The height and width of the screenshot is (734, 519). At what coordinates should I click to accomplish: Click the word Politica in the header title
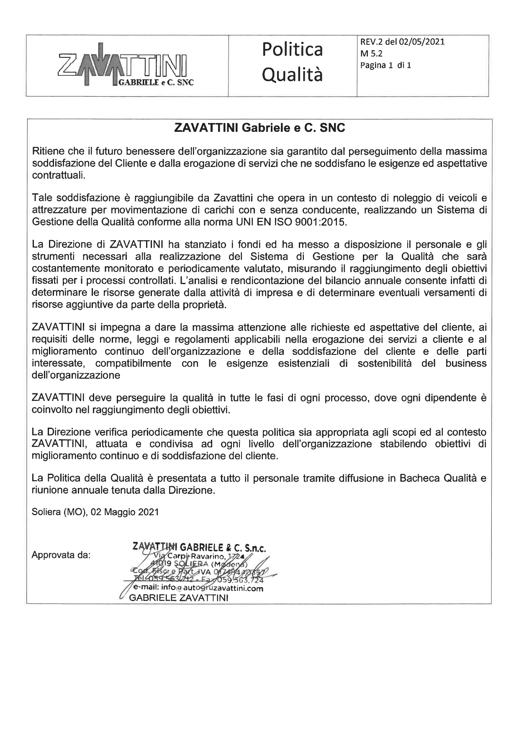(x=293, y=50)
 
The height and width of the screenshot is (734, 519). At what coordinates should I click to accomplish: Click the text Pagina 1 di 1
(x=385, y=65)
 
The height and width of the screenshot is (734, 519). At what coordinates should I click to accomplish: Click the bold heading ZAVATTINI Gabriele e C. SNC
(x=259, y=128)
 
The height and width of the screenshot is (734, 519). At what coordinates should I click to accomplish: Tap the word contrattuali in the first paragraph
(x=58, y=175)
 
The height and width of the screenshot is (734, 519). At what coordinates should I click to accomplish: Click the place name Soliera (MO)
(x=59, y=512)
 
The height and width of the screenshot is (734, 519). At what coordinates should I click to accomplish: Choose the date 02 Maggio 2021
(x=125, y=512)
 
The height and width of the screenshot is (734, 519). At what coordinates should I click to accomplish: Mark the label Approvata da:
(x=61, y=555)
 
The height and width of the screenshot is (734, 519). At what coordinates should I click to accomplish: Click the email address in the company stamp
(x=196, y=588)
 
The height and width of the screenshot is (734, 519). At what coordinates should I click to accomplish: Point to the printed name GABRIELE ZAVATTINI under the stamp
(x=179, y=598)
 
